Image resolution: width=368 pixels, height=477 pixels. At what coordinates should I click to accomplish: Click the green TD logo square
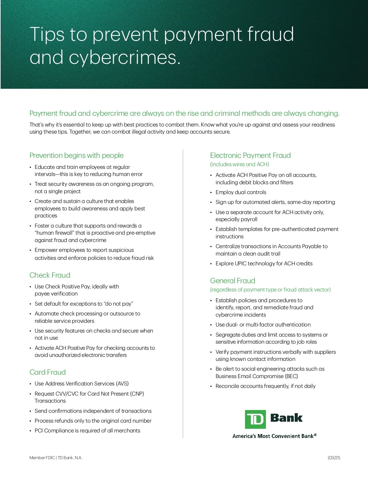255,419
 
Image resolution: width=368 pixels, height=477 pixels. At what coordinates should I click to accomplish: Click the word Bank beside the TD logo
286,418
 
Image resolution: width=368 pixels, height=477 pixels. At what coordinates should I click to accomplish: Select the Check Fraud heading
50,275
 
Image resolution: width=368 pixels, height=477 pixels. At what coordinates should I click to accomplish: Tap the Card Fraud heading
48,372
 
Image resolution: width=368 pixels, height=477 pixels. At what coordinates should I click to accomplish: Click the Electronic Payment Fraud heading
250,155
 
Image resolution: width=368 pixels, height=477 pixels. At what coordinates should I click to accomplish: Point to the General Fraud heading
232,281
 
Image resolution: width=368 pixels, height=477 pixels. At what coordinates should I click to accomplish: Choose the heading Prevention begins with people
76,155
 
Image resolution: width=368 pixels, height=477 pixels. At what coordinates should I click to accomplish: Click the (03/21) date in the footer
334,458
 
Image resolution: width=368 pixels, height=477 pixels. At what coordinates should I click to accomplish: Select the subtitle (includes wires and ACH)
240,164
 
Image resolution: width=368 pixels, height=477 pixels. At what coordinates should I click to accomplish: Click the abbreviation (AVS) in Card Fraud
122,384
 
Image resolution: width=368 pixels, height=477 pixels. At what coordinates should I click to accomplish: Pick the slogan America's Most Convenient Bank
274,436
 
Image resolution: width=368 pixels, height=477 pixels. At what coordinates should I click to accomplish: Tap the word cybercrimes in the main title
123,58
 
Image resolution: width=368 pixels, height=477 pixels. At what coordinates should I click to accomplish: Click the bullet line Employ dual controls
241,192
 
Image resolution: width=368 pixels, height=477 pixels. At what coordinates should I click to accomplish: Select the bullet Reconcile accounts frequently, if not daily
265,386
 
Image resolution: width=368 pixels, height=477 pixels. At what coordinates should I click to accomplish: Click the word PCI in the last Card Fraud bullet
39,431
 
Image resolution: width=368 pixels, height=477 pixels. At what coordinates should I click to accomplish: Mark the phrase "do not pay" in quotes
118,304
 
